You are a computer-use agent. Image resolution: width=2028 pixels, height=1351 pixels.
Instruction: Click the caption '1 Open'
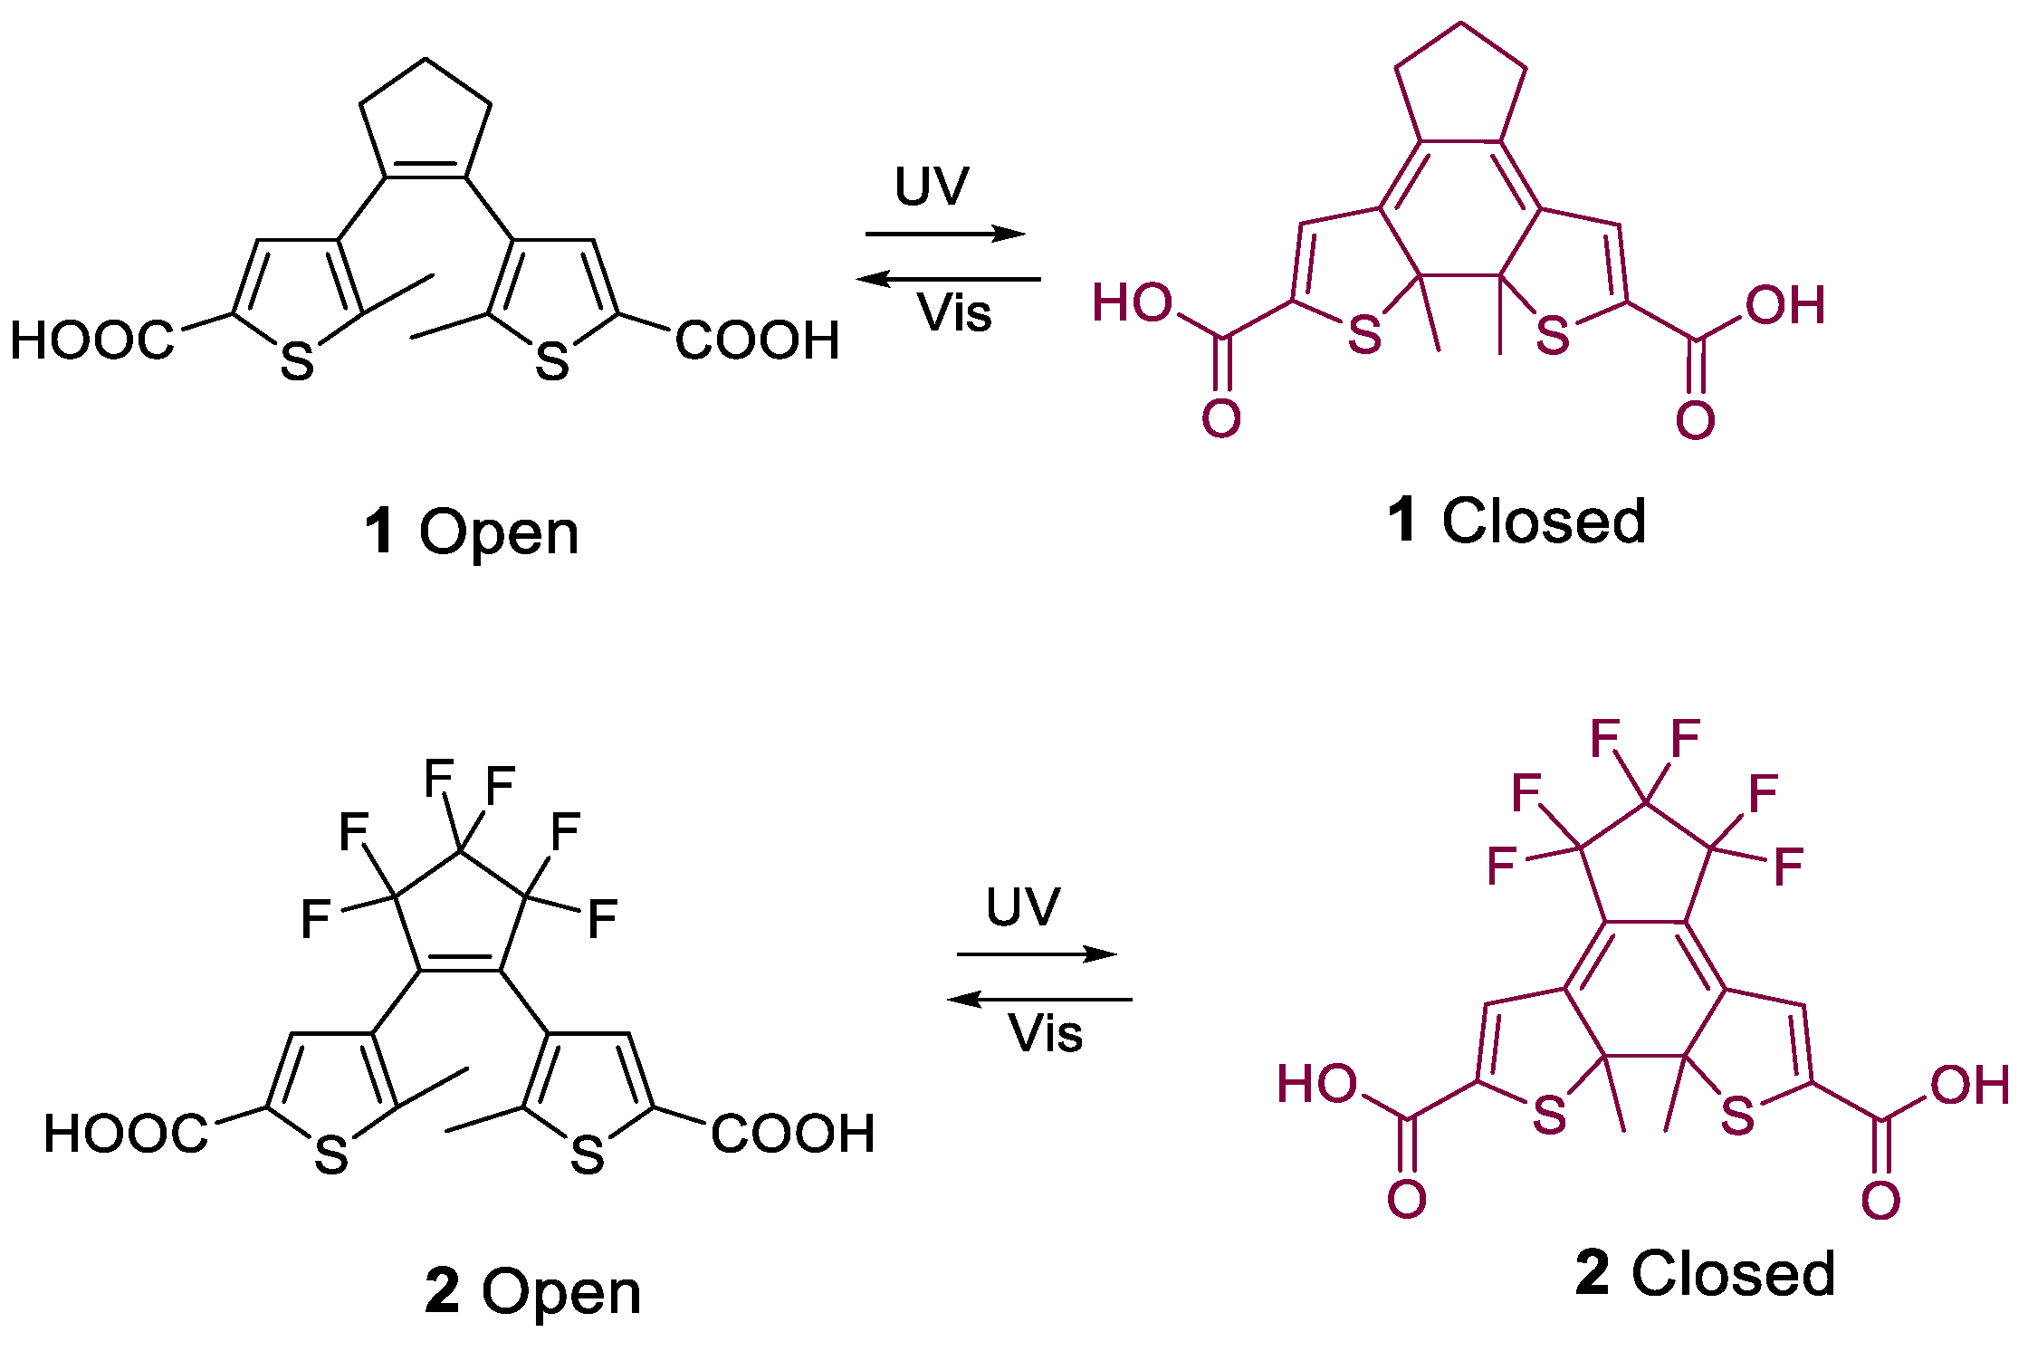tap(471, 532)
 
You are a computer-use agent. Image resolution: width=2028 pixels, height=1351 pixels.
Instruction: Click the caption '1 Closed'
tap(1516, 522)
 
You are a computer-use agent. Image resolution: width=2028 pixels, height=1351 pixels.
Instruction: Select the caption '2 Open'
tap(533, 1291)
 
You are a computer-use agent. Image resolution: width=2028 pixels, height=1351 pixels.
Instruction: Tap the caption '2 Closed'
tap(1706, 1273)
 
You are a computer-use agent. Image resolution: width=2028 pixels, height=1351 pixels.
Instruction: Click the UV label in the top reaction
tap(932, 187)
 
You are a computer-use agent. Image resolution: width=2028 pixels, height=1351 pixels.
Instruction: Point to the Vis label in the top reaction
tap(954, 313)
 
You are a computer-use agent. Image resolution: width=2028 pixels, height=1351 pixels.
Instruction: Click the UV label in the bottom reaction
tap(1023, 906)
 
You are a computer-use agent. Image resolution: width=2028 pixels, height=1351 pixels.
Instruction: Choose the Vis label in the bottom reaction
tap(1046, 1033)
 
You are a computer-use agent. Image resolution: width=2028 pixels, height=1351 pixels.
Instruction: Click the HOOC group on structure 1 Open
tap(91, 341)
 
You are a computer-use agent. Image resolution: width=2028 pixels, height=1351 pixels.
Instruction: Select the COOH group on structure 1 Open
tap(758, 341)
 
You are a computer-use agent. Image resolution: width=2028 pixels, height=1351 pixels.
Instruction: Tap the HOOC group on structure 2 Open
tap(126, 1134)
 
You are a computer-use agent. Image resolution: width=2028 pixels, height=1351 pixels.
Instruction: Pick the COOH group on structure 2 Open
tap(793, 1134)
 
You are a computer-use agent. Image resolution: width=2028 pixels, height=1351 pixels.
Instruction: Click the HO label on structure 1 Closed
tap(1132, 302)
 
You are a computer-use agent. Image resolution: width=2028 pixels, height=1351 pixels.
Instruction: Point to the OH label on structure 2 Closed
tap(1970, 1085)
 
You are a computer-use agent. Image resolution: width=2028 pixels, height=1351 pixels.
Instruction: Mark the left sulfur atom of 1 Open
tap(297, 361)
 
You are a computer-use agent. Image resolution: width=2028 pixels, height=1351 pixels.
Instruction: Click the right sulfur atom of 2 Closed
tap(1737, 1116)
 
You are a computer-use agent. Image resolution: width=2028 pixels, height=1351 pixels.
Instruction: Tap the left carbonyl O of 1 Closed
tap(1221, 419)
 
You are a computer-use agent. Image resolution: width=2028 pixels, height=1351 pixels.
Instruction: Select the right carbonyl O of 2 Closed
tap(1880, 1201)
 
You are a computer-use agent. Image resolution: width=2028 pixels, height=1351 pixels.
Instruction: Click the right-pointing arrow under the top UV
tap(945, 235)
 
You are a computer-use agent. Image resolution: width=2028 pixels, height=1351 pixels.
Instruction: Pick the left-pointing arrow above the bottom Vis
tap(1039, 1000)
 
